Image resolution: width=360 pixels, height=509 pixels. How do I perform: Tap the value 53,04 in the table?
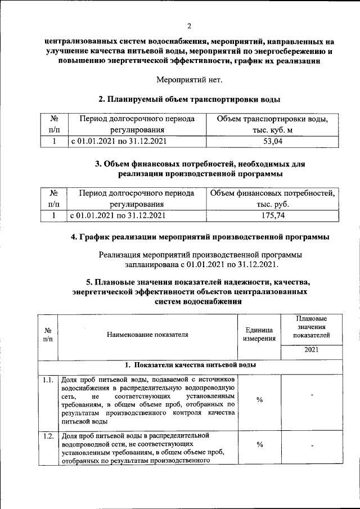272,142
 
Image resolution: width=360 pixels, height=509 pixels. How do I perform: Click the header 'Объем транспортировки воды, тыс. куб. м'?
272,125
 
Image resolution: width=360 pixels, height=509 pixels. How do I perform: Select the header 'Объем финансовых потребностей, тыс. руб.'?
273,198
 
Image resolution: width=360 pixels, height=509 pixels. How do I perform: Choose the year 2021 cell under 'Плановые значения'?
311,350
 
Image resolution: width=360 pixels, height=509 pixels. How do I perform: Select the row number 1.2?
48,436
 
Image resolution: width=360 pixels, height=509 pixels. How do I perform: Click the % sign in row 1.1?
259,399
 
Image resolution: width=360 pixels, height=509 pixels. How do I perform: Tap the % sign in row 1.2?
259,445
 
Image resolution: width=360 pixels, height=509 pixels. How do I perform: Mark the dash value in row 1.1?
311,396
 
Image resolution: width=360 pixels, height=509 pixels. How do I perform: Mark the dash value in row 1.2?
311,447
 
